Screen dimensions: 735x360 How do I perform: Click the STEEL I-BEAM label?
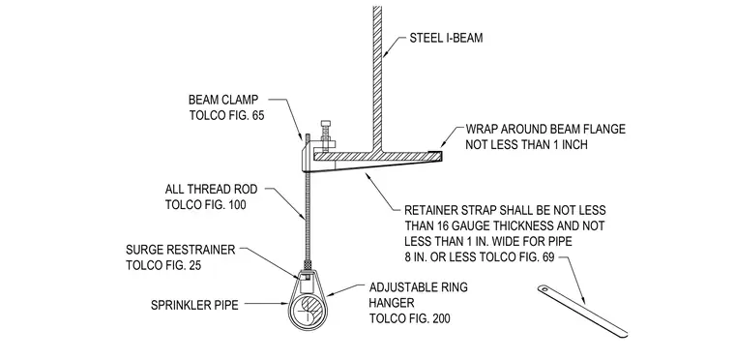[x=446, y=38]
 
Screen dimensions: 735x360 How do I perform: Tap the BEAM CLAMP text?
[x=223, y=100]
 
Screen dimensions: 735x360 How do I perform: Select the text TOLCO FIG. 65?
[x=227, y=115]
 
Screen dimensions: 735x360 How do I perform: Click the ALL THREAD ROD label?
[x=211, y=189]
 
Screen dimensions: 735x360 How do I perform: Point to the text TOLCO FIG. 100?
[x=205, y=204]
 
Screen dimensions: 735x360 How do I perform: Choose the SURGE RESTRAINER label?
[x=181, y=250]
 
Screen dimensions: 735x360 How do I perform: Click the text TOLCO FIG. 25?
[x=163, y=265]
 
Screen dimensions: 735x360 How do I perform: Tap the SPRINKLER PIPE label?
[x=194, y=305]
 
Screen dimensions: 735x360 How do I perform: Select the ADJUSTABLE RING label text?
[x=418, y=287]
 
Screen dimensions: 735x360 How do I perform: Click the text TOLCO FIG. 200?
[x=410, y=318]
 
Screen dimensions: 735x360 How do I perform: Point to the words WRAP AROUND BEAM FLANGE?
[x=545, y=129]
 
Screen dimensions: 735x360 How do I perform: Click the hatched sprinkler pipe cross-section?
[x=307, y=311]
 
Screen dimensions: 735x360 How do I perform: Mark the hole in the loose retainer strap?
[x=544, y=289]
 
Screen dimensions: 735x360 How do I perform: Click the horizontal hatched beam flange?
[x=377, y=156]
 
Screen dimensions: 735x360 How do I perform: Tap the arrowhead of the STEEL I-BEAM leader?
[x=384, y=54]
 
